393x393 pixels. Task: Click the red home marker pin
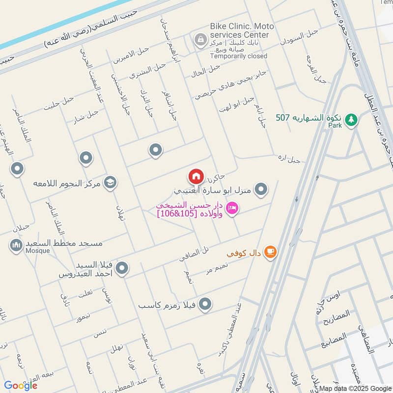pos(195,175)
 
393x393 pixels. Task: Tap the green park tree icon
pos(351,119)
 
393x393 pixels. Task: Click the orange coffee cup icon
pos(270,252)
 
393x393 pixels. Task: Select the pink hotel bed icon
pos(233,209)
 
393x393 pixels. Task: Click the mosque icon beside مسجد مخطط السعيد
pos(17,244)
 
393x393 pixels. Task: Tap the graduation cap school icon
pos(110,183)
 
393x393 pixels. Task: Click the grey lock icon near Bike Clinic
pos(200,40)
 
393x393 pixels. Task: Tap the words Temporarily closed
pos(239,56)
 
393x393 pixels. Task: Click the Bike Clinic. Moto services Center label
pos(239,30)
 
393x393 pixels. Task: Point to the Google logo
pos(21,385)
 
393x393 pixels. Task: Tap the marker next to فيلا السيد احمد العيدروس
pos(122,268)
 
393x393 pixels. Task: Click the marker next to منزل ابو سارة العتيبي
pos(262,189)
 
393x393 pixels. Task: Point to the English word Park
pos(335,125)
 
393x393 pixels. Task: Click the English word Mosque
pos(38,251)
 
